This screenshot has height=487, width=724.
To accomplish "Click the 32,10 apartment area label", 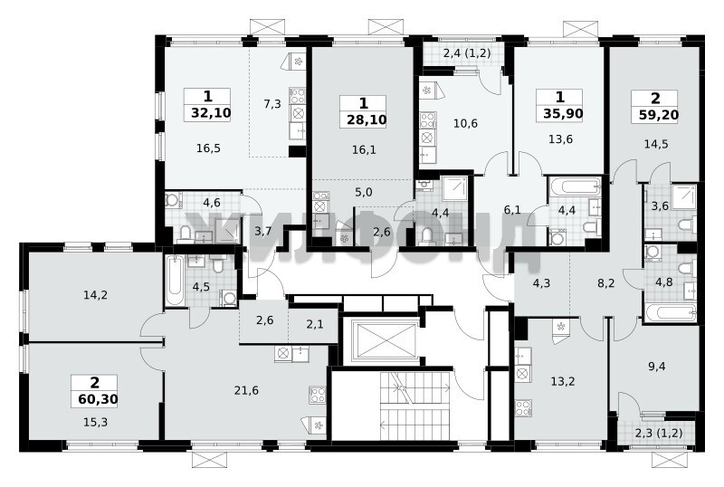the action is (211, 113).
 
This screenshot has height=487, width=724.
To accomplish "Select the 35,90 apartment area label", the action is (562, 113).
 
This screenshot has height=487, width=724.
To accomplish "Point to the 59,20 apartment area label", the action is (659, 114).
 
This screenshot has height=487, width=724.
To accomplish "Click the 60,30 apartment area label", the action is (98, 399).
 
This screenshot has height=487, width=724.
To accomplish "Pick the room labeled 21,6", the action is (246, 391).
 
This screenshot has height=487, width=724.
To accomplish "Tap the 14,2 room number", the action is (96, 294).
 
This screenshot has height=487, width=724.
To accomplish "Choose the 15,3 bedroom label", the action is (96, 422).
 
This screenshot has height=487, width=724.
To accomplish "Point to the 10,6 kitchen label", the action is (465, 123).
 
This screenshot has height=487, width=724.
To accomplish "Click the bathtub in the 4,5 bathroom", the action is (175, 280).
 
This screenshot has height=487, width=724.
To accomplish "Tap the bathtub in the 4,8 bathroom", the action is (670, 312).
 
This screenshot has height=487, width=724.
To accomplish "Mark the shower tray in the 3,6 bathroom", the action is (684, 196).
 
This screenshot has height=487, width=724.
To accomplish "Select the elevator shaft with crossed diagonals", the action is (384, 339).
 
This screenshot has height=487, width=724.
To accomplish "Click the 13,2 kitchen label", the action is (563, 382).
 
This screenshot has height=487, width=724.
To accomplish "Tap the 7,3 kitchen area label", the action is (272, 104).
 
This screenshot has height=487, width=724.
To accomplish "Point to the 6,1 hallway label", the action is (512, 210).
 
